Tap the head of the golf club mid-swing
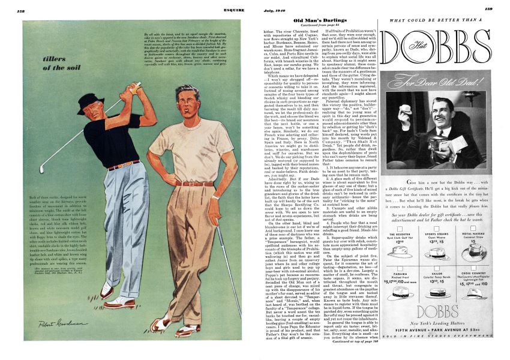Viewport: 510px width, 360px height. pyautogui.click(x=41, y=169)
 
